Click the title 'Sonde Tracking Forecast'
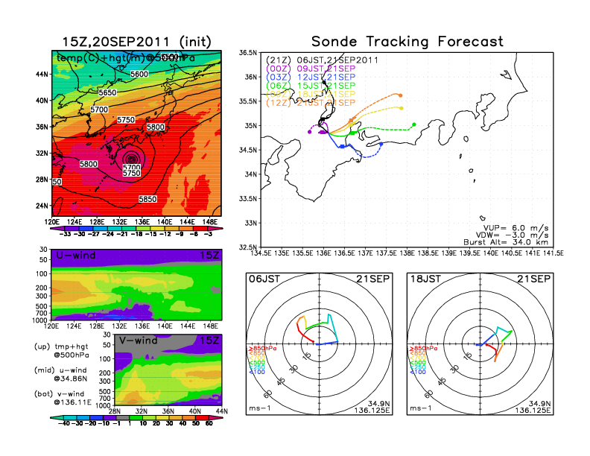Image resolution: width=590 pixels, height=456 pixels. click(407, 41)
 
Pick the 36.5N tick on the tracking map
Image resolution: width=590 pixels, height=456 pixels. click(248, 53)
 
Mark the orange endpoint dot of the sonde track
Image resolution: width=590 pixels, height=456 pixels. click(401, 95)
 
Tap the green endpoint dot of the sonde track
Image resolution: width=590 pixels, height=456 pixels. click(413, 124)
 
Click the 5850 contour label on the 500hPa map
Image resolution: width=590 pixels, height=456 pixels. click(147, 200)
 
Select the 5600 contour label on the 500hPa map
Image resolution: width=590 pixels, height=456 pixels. click(139, 74)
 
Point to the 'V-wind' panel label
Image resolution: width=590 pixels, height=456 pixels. click(139, 341)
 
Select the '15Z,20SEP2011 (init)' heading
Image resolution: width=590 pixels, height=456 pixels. click(134, 42)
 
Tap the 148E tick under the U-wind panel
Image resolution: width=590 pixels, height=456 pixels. click(212, 326)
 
